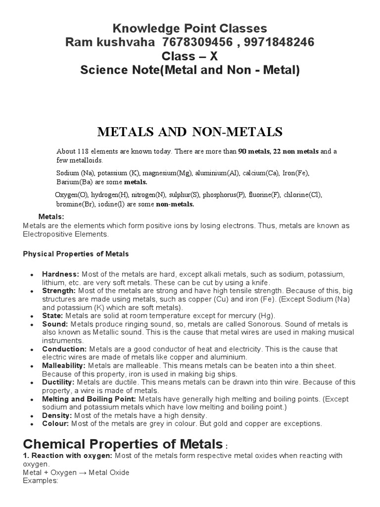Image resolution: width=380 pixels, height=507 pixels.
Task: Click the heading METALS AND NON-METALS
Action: point(190,132)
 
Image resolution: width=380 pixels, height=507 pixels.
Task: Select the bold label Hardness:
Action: point(60,274)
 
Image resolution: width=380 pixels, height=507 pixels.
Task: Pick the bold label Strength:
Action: point(58,291)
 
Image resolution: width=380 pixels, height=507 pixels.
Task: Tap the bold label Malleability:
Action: point(63,365)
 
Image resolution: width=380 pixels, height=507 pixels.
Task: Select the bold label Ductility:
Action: point(58,382)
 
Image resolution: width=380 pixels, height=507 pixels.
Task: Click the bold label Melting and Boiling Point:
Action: point(90,399)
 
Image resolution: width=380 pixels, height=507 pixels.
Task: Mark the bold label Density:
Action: point(56,415)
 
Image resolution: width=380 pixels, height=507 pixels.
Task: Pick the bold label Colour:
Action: point(55,424)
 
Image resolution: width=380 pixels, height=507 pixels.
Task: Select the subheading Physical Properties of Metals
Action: point(76,254)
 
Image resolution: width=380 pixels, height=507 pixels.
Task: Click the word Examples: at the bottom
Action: point(41,481)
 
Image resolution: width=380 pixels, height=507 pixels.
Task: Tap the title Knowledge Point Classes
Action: point(190,28)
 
